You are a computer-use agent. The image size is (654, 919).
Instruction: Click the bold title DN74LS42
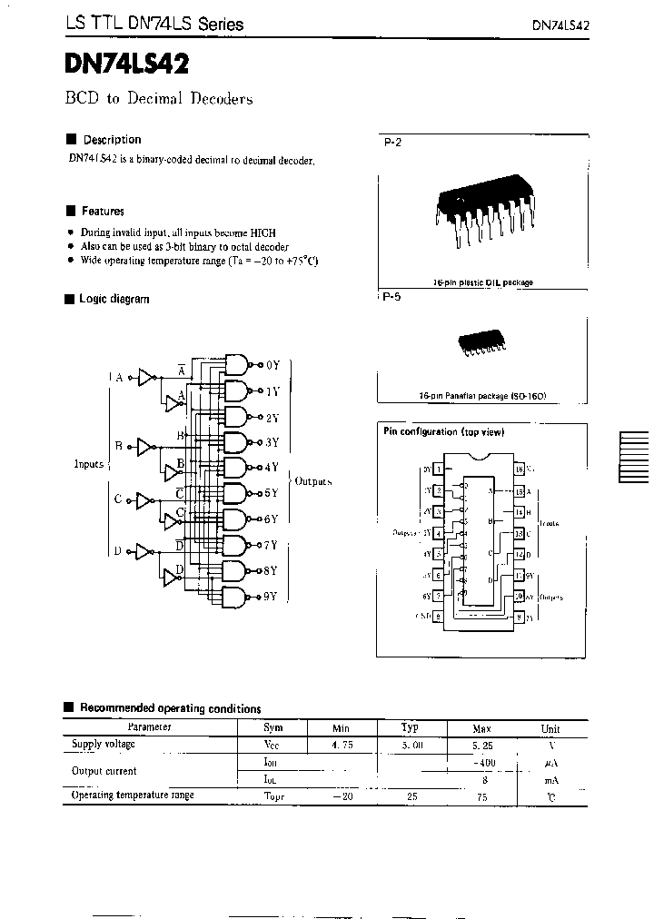click(127, 64)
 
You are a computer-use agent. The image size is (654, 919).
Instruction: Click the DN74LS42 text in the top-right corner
click(560, 25)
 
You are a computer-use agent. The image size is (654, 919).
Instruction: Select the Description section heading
click(112, 140)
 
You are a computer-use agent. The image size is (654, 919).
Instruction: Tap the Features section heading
click(103, 211)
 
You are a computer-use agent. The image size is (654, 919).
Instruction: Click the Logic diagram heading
click(114, 299)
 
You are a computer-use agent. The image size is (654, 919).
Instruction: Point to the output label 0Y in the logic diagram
click(272, 365)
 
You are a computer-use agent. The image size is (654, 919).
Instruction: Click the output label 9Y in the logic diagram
click(270, 597)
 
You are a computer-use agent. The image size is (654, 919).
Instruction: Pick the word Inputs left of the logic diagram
click(89, 464)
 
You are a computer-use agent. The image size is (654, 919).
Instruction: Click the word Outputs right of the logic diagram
click(313, 481)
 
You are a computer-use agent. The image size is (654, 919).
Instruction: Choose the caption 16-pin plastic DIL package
click(482, 282)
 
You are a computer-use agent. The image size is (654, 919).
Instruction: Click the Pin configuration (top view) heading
click(443, 431)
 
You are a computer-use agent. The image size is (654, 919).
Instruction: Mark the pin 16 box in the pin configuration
click(519, 469)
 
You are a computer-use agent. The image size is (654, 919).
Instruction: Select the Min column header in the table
click(342, 728)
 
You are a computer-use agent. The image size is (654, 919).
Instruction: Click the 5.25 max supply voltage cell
click(482, 745)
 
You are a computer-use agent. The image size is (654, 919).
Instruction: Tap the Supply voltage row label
click(103, 745)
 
